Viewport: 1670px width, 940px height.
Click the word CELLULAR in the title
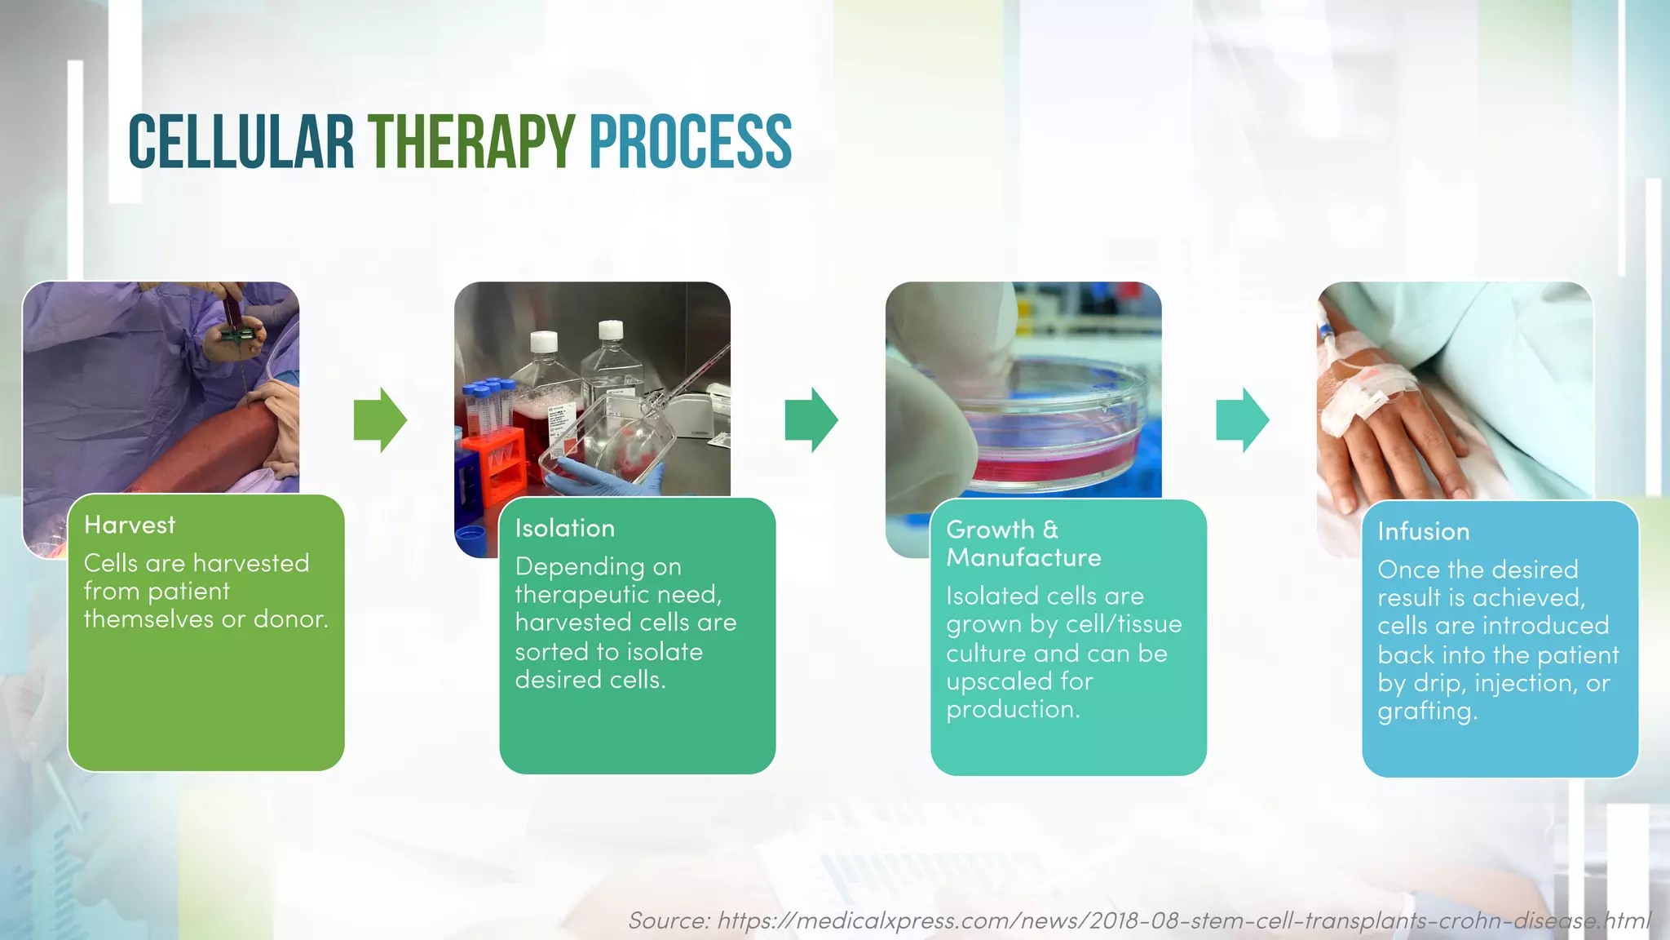pos(241,142)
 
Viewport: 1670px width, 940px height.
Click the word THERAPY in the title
pos(471,142)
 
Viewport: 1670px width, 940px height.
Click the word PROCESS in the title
pos(690,142)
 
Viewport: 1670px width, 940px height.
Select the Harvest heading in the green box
pos(130,525)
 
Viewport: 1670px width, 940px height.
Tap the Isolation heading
pos(565,528)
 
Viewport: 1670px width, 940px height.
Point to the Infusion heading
pos(1424,531)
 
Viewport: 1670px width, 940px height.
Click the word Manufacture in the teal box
pos(1023,557)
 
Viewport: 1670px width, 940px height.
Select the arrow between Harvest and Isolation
pos(380,419)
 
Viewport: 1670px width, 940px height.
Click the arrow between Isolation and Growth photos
pos(811,419)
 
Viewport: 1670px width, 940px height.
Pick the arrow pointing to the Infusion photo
pos(1242,419)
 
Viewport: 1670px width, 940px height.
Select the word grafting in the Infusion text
pos(1425,711)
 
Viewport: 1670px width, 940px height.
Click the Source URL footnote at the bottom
pos(1138,920)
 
